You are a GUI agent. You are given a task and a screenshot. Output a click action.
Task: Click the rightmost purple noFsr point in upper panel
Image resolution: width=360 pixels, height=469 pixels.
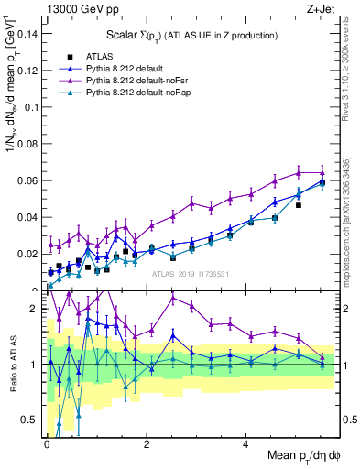pos(322,172)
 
